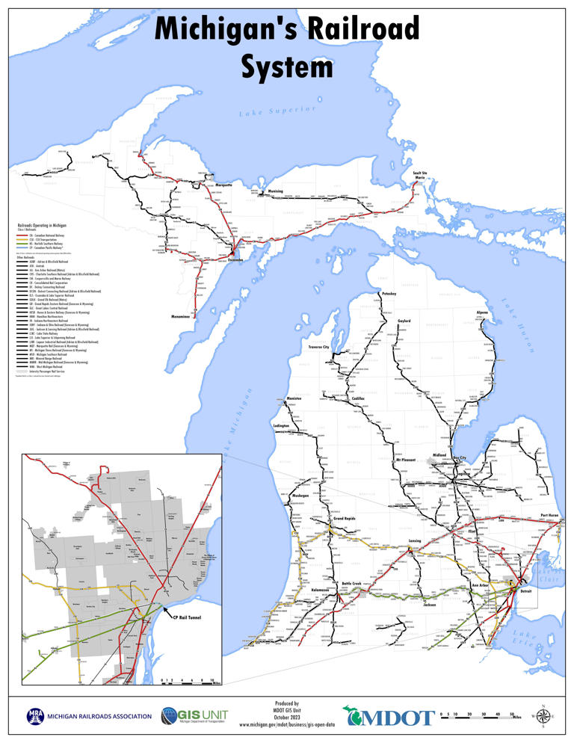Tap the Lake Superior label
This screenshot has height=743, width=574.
[x=274, y=111]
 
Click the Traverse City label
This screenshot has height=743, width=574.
[x=318, y=348]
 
